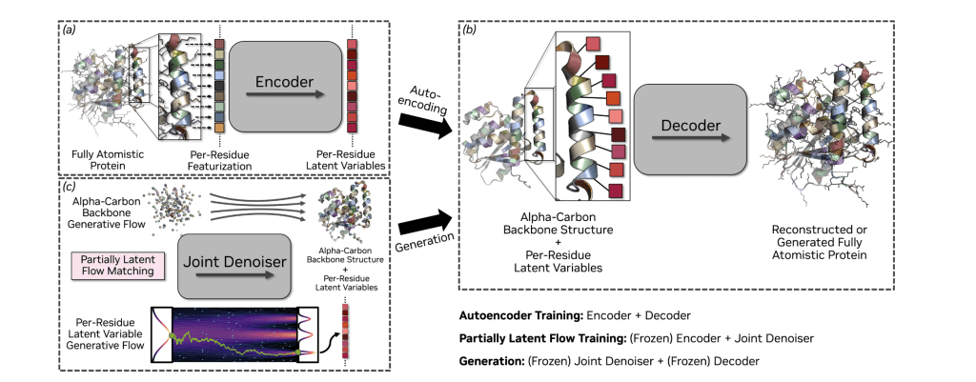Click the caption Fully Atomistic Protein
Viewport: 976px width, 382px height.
(99, 159)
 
